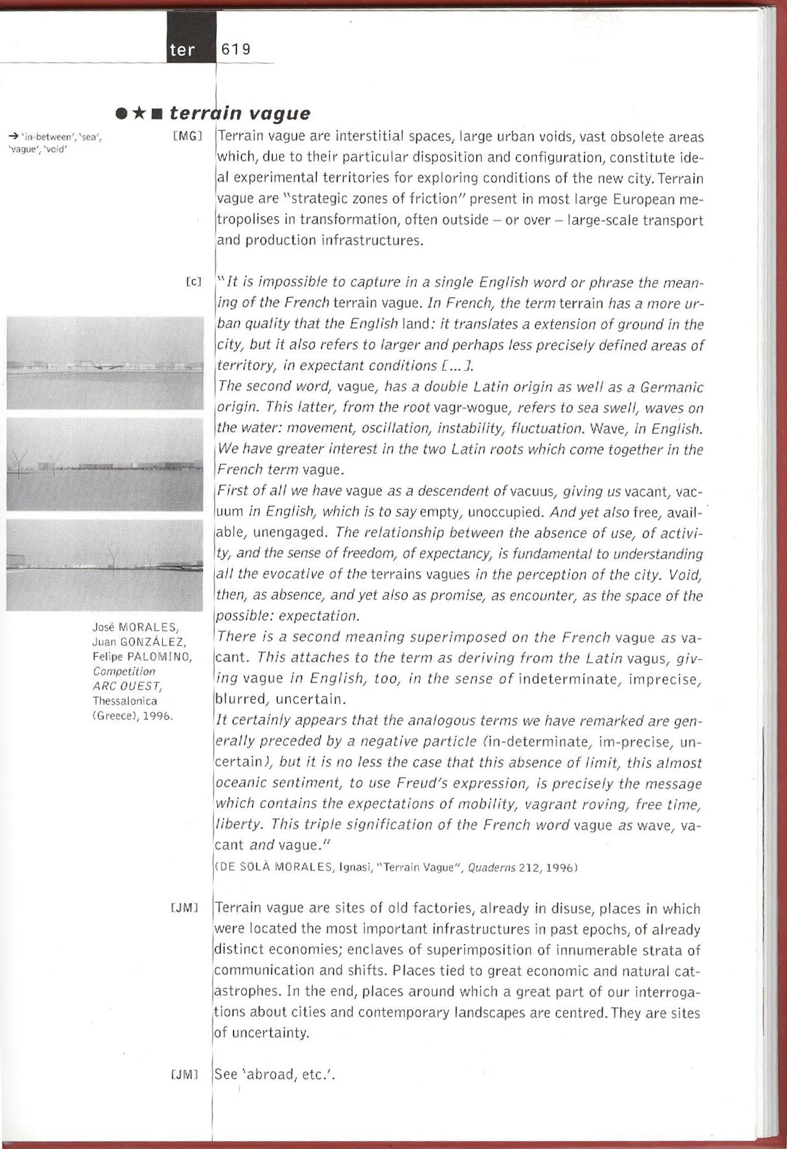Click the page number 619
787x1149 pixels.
tap(236, 50)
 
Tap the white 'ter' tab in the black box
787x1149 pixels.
tap(182, 50)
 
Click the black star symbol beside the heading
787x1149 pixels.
tap(140, 114)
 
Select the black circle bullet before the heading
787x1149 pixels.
tap(122, 114)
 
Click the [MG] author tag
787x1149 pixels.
tap(188, 136)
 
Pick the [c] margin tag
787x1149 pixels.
tap(194, 282)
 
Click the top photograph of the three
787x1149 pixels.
tap(105, 363)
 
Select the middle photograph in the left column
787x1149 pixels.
tap(105, 464)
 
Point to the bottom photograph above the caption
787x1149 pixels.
tap(105, 565)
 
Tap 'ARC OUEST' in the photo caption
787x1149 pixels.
tap(127, 686)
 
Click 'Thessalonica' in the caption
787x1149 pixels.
tap(124, 701)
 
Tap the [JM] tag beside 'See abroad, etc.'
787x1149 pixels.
tap(183, 1074)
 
